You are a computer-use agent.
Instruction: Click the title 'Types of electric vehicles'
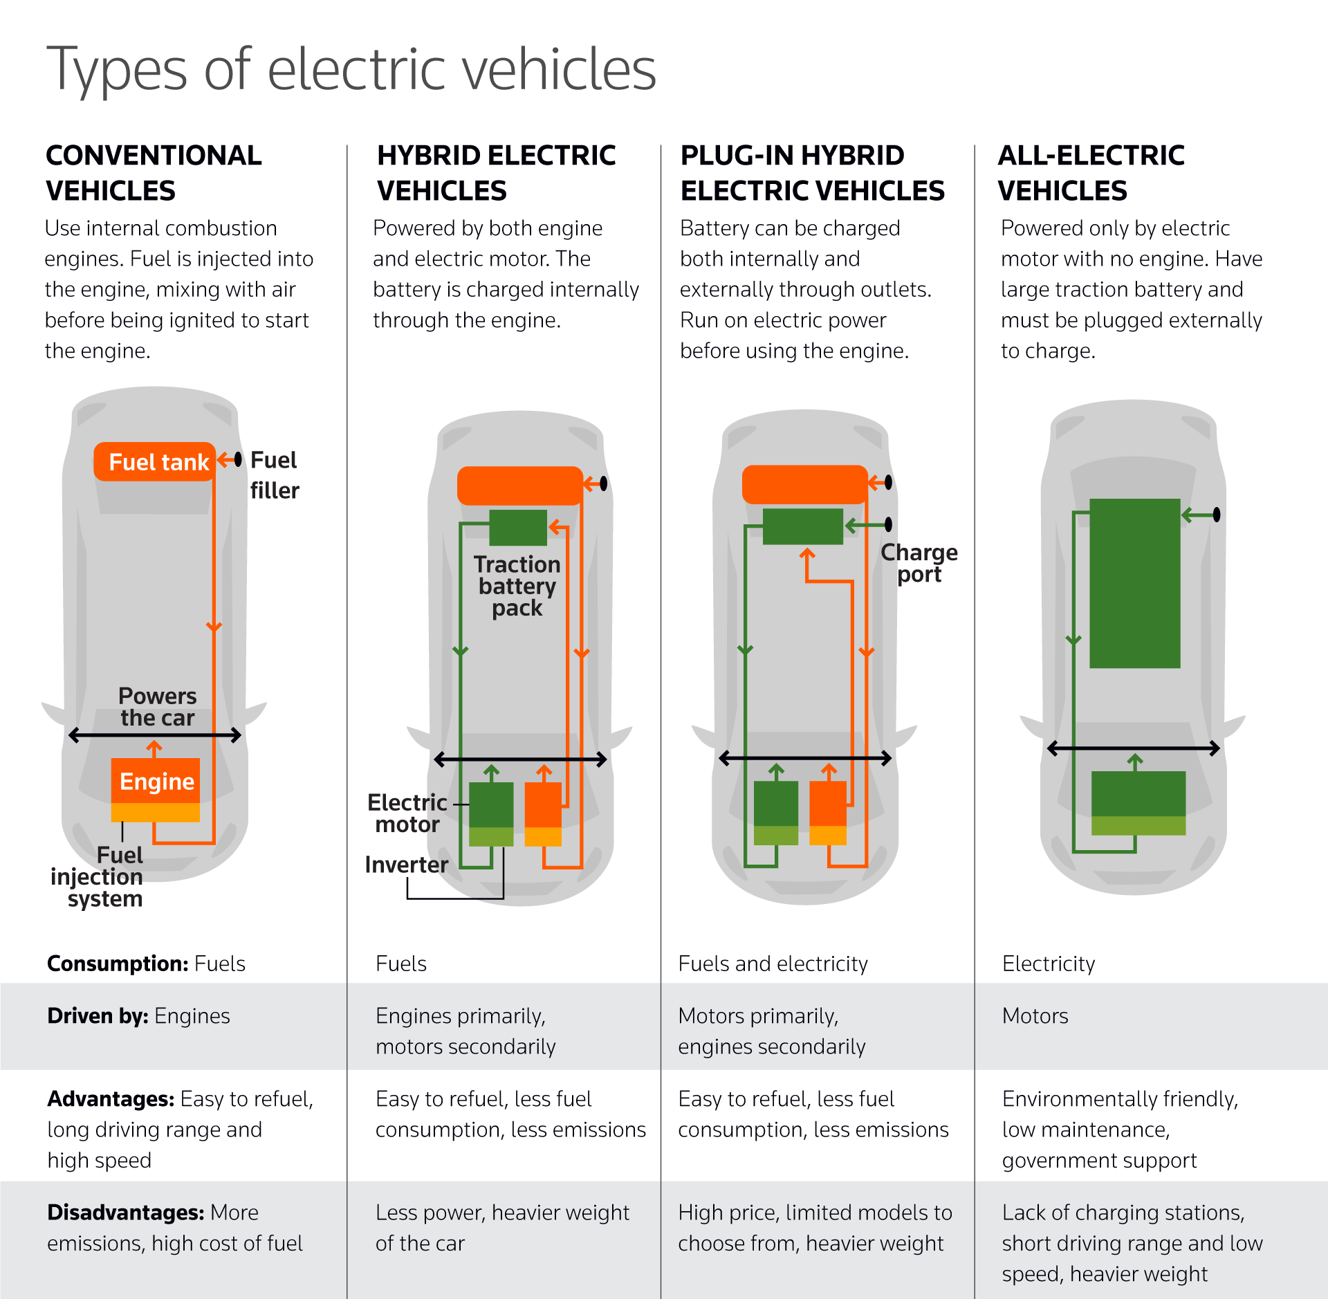click(351, 69)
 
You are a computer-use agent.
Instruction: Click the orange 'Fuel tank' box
click(155, 461)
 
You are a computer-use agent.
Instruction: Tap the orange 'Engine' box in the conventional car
click(156, 782)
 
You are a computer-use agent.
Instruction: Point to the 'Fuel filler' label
click(274, 475)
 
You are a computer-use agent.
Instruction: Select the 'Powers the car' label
click(157, 706)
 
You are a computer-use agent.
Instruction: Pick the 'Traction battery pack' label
click(517, 586)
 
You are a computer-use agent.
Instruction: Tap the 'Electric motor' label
click(407, 813)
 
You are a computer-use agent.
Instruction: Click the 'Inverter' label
click(406, 865)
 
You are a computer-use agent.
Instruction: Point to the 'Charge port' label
click(919, 563)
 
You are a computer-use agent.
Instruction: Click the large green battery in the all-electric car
click(1134, 583)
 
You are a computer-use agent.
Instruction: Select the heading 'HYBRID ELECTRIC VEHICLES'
click(496, 173)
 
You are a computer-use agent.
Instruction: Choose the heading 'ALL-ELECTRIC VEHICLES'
click(1091, 173)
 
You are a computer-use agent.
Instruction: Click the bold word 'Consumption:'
click(117, 964)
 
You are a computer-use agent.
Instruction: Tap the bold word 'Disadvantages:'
click(125, 1213)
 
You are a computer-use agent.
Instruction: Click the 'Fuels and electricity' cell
click(773, 964)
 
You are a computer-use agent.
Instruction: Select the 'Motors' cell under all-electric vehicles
click(1035, 1016)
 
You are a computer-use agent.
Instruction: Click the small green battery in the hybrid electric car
click(517, 528)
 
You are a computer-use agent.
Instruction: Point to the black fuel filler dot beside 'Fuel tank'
click(238, 459)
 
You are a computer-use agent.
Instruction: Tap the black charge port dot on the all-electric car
click(1217, 515)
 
